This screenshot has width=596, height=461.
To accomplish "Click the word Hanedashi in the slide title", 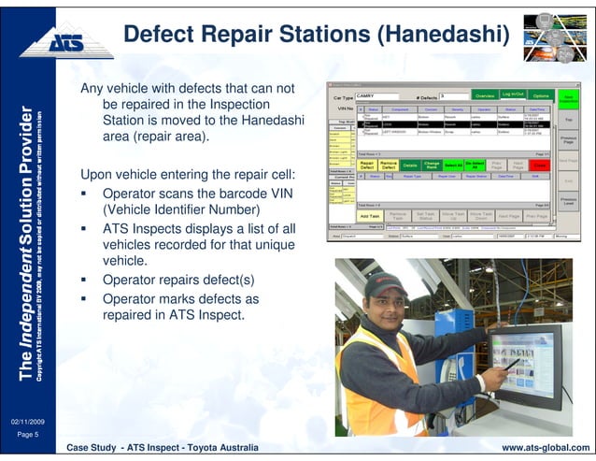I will pyautogui.click(x=447, y=36).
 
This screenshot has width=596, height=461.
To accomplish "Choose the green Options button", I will pyautogui.click(x=540, y=95).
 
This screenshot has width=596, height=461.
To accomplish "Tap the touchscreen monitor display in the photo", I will pyautogui.click(x=523, y=359).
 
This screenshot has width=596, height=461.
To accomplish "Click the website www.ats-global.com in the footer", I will pyautogui.click(x=546, y=448).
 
